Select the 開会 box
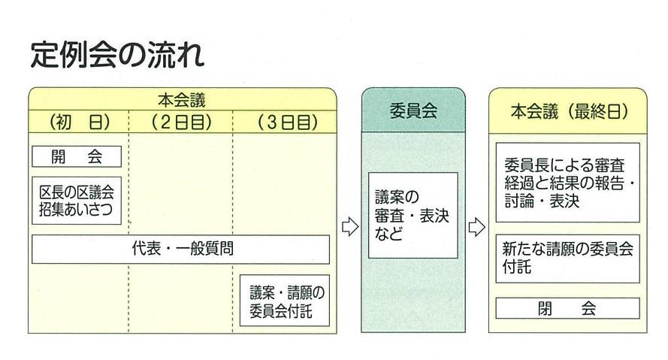76,156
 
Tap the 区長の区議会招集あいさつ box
76,201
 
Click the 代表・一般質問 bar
180,250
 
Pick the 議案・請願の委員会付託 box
284,301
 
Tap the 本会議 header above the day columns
181,99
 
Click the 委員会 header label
413,111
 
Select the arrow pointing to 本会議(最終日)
476,227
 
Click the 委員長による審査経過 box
567,183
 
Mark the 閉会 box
567,308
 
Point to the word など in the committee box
388,234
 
